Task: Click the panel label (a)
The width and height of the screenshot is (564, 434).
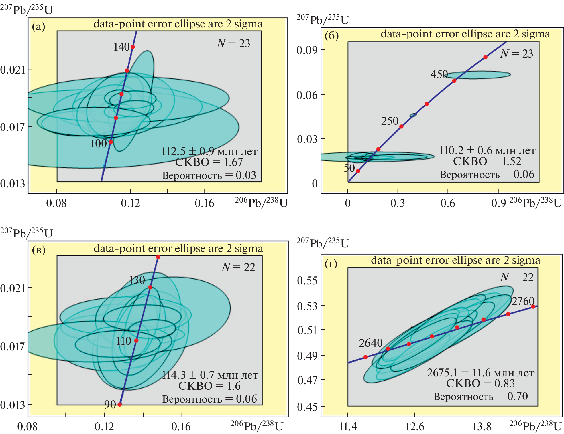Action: (38, 27)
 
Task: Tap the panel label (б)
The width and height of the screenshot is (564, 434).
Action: (332, 36)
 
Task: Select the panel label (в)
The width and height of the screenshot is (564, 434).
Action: (39, 250)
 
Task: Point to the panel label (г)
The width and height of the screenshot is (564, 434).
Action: (331, 263)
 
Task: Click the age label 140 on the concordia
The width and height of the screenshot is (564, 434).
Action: (121, 47)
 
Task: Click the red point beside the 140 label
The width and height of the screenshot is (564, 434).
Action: (133, 47)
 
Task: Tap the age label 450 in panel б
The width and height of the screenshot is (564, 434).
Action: (439, 74)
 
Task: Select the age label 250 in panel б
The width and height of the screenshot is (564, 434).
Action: (390, 121)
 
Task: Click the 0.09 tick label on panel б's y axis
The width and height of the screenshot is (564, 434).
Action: (307, 50)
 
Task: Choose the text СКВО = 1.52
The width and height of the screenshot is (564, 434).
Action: (487, 161)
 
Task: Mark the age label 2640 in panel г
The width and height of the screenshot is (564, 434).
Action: (371, 343)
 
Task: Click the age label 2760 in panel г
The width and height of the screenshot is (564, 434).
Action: (523, 301)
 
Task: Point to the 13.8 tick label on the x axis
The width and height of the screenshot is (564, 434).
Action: (482, 427)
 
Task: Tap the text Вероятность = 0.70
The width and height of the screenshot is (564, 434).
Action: (480, 396)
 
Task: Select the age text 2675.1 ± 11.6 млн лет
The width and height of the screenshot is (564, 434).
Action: (480, 373)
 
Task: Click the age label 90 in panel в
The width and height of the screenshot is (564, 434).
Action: (110, 404)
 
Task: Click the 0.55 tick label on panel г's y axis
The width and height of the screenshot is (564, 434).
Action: (307, 280)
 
